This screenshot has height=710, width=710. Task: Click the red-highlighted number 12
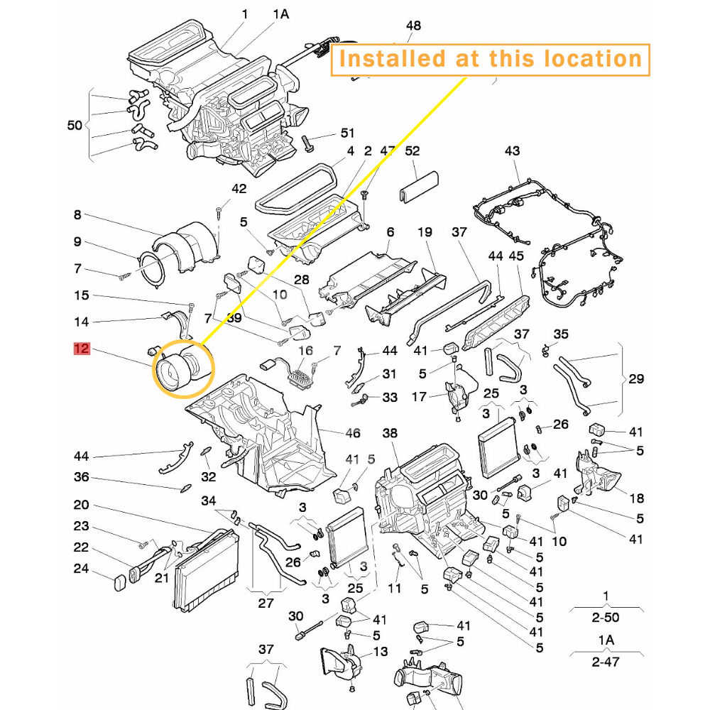coord(82,349)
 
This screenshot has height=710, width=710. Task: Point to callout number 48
coord(413,26)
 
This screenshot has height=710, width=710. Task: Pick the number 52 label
coord(413,151)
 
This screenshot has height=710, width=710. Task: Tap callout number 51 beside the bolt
coord(347,133)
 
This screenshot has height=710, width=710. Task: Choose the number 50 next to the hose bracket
coord(75,125)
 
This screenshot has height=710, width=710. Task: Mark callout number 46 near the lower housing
coord(353,433)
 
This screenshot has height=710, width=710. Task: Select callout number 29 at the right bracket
coord(636,378)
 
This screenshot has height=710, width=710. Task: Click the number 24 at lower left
coord(81,568)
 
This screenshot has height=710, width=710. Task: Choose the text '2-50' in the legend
coord(605,618)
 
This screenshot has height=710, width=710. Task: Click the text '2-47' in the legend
coord(605,662)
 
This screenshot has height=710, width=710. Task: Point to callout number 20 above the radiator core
coord(81,505)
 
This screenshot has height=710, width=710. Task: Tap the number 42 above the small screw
coord(239,189)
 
